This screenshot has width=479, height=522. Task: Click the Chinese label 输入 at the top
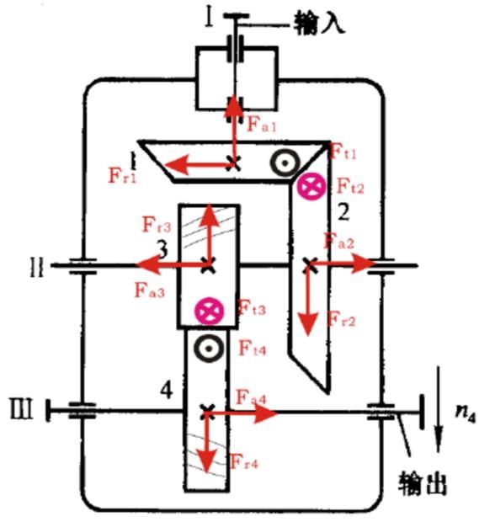pyautogui.click(x=319, y=23)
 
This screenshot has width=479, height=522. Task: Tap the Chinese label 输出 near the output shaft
pyautogui.click(x=422, y=483)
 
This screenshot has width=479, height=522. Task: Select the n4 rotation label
pyautogui.click(x=466, y=414)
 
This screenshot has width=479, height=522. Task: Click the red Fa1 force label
pyautogui.click(x=262, y=125)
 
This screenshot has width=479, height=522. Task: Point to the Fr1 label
pyautogui.click(x=123, y=175)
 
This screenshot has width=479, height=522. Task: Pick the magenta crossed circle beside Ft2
pyautogui.click(x=311, y=186)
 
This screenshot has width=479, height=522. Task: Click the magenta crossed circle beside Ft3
pyautogui.click(x=209, y=311)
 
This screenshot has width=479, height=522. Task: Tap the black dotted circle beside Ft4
pyautogui.click(x=209, y=349)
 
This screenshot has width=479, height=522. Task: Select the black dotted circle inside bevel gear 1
pyautogui.click(x=285, y=163)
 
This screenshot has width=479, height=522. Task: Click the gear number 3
pyautogui.click(x=162, y=250)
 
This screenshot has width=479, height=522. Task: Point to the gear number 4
pyautogui.click(x=167, y=391)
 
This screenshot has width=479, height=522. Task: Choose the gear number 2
pyautogui.click(x=343, y=212)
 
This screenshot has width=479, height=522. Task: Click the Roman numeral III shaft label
pyautogui.click(x=21, y=409)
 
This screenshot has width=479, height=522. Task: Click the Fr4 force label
pyautogui.click(x=244, y=461)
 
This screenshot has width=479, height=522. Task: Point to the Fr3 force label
pyautogui.click(x=157, y=224)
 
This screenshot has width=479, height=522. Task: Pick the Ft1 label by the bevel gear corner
pyautogui.click(x=343, y=152)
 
